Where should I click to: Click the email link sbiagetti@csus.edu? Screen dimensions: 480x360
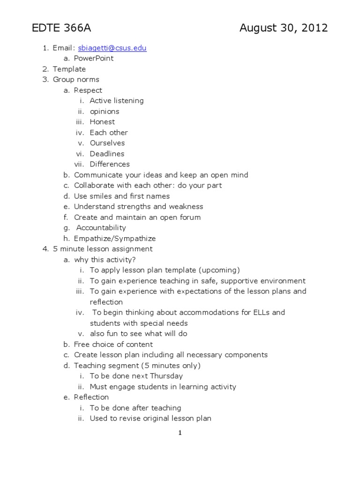(112, 48)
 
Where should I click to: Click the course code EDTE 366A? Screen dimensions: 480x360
(61, 29)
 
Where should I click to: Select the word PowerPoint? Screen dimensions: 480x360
(94, 59)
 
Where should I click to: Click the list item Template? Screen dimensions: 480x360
(69, 69)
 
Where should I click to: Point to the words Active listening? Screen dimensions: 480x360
(117, 101)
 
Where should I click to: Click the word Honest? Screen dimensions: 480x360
(102, 122)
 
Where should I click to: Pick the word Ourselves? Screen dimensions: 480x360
(107, 143)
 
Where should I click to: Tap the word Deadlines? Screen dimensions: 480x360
(107, 154)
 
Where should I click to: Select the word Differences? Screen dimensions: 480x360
(110, 164)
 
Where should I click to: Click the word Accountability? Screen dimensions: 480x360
(101, 228)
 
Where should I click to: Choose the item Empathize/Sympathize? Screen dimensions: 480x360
(115, 239)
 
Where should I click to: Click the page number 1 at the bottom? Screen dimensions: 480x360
(180, 433)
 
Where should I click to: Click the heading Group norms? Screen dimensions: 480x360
(76, 80)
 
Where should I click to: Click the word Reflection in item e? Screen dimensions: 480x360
(91, 397)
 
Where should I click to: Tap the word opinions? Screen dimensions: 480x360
(105, 112)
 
